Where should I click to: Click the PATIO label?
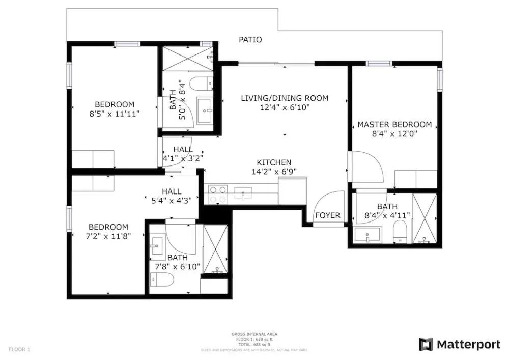click(x=250, y=39)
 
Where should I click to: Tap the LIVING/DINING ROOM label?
click(x=285, y=98)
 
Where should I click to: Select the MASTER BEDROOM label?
click(x=394, y=124)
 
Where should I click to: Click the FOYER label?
click(x=327, y=215)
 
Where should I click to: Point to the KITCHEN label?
click(x=274, y=162)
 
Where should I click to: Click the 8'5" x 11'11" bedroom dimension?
click(x=114, y=114)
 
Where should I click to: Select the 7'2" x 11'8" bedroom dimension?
click(x=108, y=236)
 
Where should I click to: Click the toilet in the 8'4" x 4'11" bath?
click(x=401, y=232)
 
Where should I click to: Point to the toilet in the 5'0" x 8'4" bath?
click(x=200, y=83)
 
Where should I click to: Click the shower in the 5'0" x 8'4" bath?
click(x=187, y=59)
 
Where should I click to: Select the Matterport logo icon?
click(x=426, y=344)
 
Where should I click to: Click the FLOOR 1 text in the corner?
click(x=20, y=350)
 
